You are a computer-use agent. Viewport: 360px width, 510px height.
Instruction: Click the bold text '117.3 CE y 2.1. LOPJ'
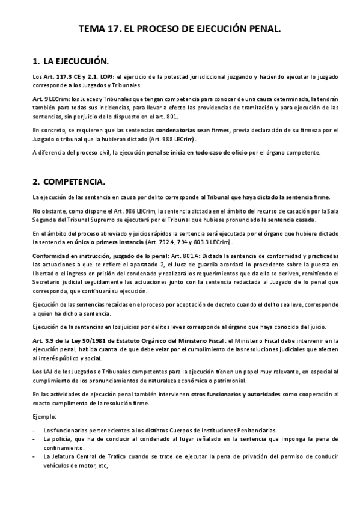tap(87, 77)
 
